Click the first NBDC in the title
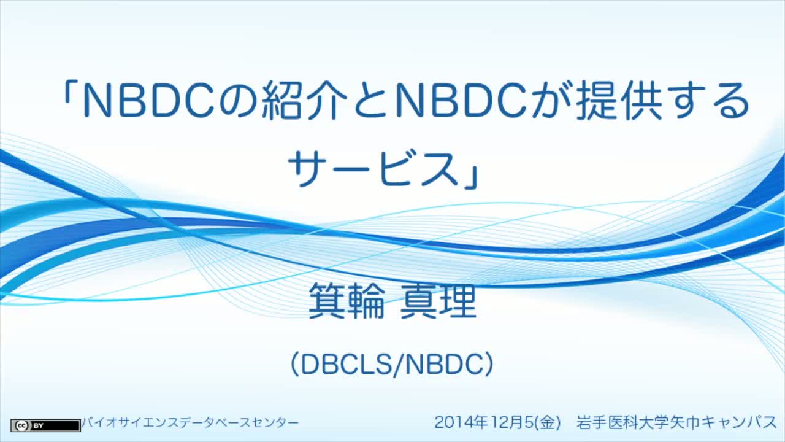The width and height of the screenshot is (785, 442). [x=149, y=101]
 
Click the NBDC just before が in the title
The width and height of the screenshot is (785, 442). [x=461, y=101]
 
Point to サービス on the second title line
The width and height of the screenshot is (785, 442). [x=373, y=168]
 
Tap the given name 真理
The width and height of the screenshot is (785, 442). [x=438, y=301]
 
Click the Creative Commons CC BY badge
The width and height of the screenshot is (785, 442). [x=45, y=425]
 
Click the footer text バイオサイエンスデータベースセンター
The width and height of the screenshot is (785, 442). [x=190, y=423]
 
